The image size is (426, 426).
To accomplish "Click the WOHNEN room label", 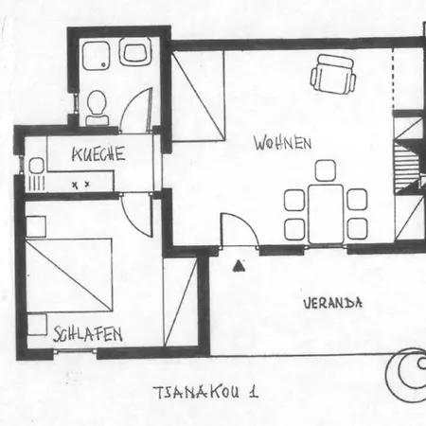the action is [x=283, y=143].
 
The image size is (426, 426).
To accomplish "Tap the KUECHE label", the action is [x=98, y=153].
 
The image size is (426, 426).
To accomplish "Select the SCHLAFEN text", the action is [x=88, y=334].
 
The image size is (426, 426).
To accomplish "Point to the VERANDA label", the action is [x=333, y=303].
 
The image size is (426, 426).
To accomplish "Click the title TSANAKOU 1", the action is [x=206, y=392].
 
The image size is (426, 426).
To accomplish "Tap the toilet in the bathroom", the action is [x=97, y=108].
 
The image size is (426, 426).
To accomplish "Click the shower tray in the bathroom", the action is [x=97, y=56].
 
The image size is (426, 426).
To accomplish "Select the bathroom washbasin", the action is [x=135, y=51].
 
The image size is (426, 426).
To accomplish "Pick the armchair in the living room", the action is [x=333, y=74].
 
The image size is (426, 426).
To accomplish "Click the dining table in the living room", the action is [x=326, y=214].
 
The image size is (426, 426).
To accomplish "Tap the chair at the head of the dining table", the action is [x=326, y=170].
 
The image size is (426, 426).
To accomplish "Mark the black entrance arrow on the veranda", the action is [x=239, y=266].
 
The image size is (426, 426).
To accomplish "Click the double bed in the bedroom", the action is [x=69, y=275].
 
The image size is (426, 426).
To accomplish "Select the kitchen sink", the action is [x=36, y=166].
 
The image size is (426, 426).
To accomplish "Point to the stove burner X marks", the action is [x=80, y=185].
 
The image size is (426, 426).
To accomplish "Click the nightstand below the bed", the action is [x=37, y=325].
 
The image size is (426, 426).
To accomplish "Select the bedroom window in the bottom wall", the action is [x=75, y=351].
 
